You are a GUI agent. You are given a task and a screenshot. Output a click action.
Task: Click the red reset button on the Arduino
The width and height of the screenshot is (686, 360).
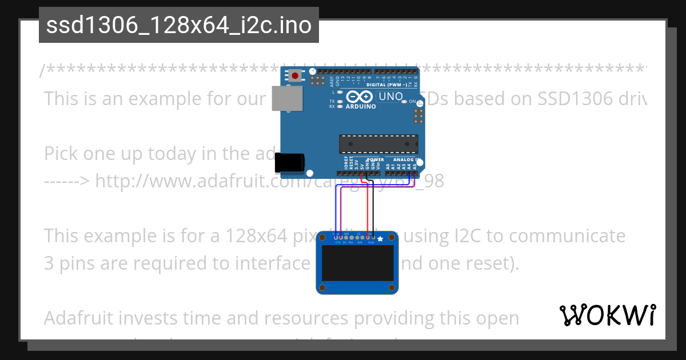pos(295,75)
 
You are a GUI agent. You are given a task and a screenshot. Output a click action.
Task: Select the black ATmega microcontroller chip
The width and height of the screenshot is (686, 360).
pos(378,143)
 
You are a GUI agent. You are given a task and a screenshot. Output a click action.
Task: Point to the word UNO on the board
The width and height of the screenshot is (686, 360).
pos(391,97)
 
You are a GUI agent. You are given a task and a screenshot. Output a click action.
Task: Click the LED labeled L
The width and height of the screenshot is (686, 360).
pos(340,92)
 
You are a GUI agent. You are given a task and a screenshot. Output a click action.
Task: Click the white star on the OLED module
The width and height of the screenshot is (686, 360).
pos(380,238)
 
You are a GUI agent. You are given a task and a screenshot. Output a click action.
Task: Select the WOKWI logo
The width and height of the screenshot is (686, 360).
pos(608,315)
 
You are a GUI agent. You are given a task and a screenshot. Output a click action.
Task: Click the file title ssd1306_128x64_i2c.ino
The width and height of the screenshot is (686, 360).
pos(178,25)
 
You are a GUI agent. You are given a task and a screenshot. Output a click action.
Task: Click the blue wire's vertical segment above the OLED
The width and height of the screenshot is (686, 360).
pos(334,211)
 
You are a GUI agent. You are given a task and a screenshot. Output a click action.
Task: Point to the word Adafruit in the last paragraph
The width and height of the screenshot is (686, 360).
pos(79,318)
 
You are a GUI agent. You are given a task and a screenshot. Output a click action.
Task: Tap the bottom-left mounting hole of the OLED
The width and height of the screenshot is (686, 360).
pos(323,287)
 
